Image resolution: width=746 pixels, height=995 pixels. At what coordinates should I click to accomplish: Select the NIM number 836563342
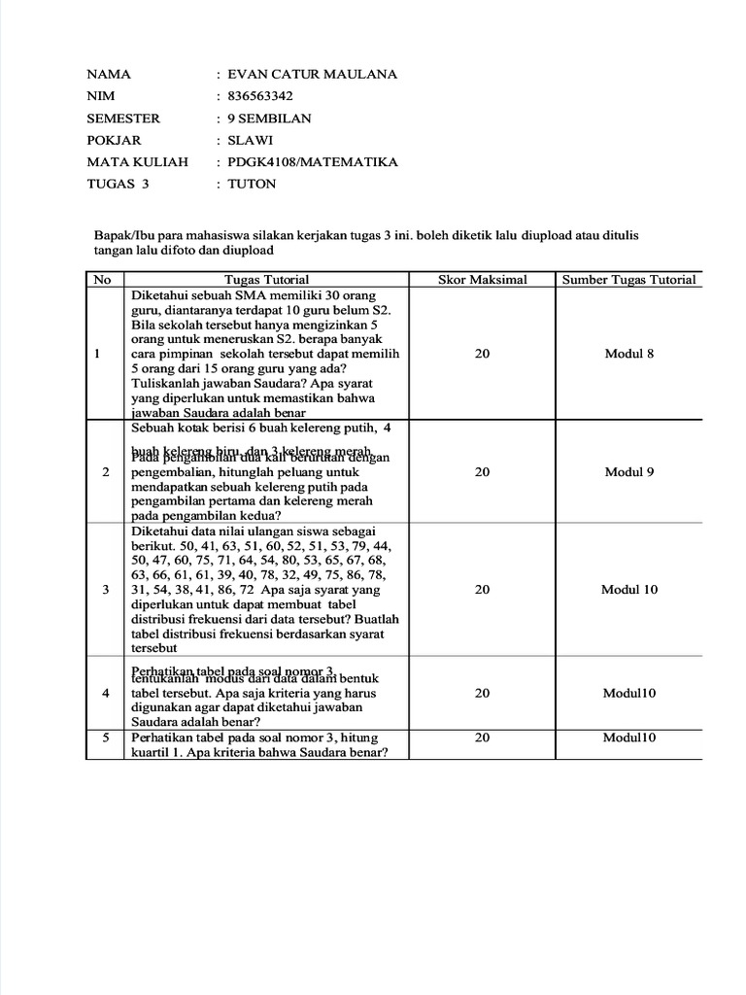point(259,96)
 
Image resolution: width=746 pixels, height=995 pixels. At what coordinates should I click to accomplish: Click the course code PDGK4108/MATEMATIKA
point(312,161)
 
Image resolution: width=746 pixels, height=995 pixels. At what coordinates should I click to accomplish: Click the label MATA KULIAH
point(138,161)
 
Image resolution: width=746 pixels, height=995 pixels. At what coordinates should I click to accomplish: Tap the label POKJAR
point(114,140)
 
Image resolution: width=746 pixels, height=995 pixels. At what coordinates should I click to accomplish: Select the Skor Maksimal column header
point(482,280)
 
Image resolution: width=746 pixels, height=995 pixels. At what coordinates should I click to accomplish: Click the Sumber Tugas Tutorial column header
point(628,280)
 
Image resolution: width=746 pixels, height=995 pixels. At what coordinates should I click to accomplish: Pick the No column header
point(101,280)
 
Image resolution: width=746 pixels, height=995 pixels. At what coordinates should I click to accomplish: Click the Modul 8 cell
point(628,354)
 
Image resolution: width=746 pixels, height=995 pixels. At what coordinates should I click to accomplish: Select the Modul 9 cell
point(628,471)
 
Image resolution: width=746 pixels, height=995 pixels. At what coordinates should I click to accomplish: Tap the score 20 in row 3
point(482,590)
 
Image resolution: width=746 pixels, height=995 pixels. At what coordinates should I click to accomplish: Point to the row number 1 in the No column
point(101,354)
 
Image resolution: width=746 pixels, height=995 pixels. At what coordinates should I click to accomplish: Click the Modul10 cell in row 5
point(628,738)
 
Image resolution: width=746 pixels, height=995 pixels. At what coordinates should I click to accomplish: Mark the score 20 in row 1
point(482,354)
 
